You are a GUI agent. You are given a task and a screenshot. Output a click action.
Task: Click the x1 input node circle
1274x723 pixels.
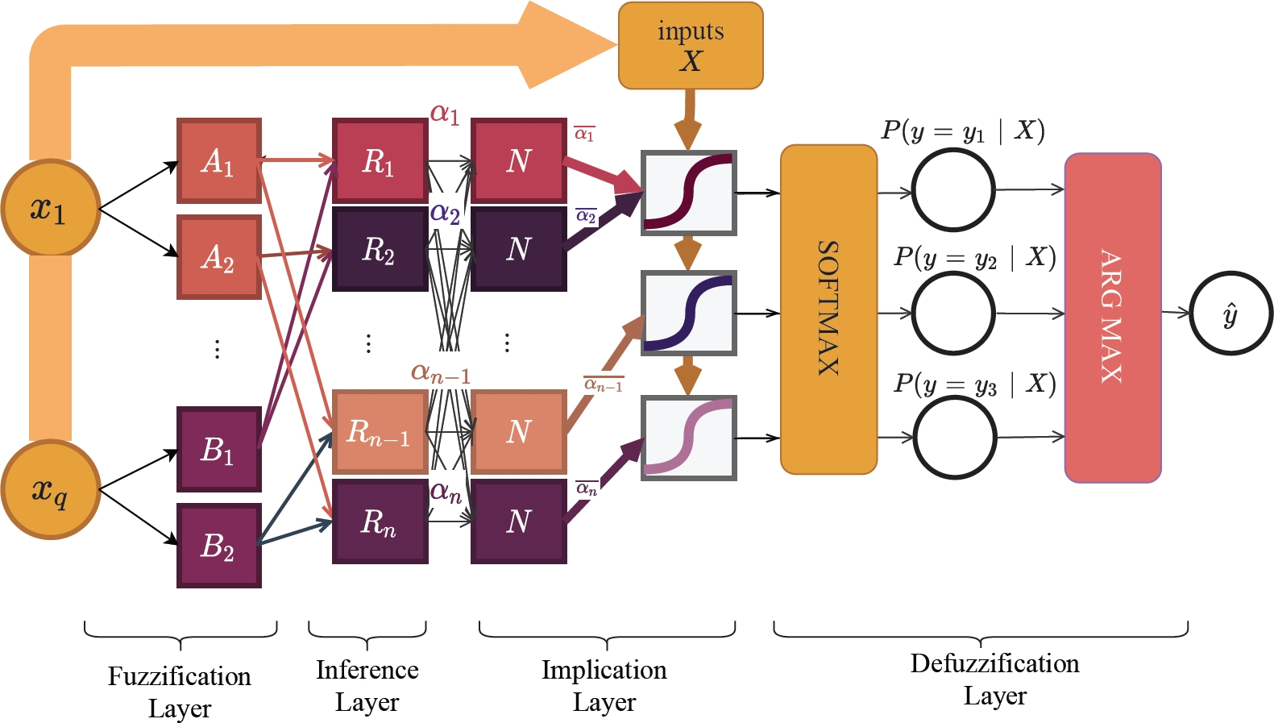point(50,208)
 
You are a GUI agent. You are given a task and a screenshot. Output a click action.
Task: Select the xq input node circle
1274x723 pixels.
point(50,489)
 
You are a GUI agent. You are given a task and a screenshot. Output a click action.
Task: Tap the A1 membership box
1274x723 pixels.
point(219,160)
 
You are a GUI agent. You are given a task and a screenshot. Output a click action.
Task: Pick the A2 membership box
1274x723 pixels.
point(219,257)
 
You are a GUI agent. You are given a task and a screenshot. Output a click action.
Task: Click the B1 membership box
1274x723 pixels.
point(219,449)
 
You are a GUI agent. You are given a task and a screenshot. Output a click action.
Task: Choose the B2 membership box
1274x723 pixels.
point(219,546)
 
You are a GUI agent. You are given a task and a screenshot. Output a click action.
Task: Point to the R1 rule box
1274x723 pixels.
point(380,160)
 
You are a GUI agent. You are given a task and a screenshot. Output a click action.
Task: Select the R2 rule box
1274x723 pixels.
point(380,249)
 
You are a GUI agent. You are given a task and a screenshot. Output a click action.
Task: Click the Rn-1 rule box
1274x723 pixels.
point(380,431)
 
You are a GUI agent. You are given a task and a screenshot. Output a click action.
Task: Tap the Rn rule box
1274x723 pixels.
point(380,521)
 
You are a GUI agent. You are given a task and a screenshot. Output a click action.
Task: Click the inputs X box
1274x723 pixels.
point(691,46)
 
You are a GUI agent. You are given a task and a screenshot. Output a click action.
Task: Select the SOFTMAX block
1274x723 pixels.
point(828,310)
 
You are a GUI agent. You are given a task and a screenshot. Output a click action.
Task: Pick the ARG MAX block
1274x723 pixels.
point(1113,318)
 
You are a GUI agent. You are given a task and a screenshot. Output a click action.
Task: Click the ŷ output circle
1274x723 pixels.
point(1230,313)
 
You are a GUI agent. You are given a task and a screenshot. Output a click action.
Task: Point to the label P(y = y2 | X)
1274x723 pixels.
point(974,257)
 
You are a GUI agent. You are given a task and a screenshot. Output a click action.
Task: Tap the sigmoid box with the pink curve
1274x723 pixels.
point(689,438)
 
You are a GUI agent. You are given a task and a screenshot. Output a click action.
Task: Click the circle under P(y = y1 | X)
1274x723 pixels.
point(954,190)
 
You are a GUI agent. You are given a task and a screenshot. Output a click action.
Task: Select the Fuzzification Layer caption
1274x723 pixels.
point(180,692)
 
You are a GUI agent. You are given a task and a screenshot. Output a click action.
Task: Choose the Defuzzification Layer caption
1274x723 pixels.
point(995,679)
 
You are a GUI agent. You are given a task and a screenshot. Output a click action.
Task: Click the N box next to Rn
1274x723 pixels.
point(519,521)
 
